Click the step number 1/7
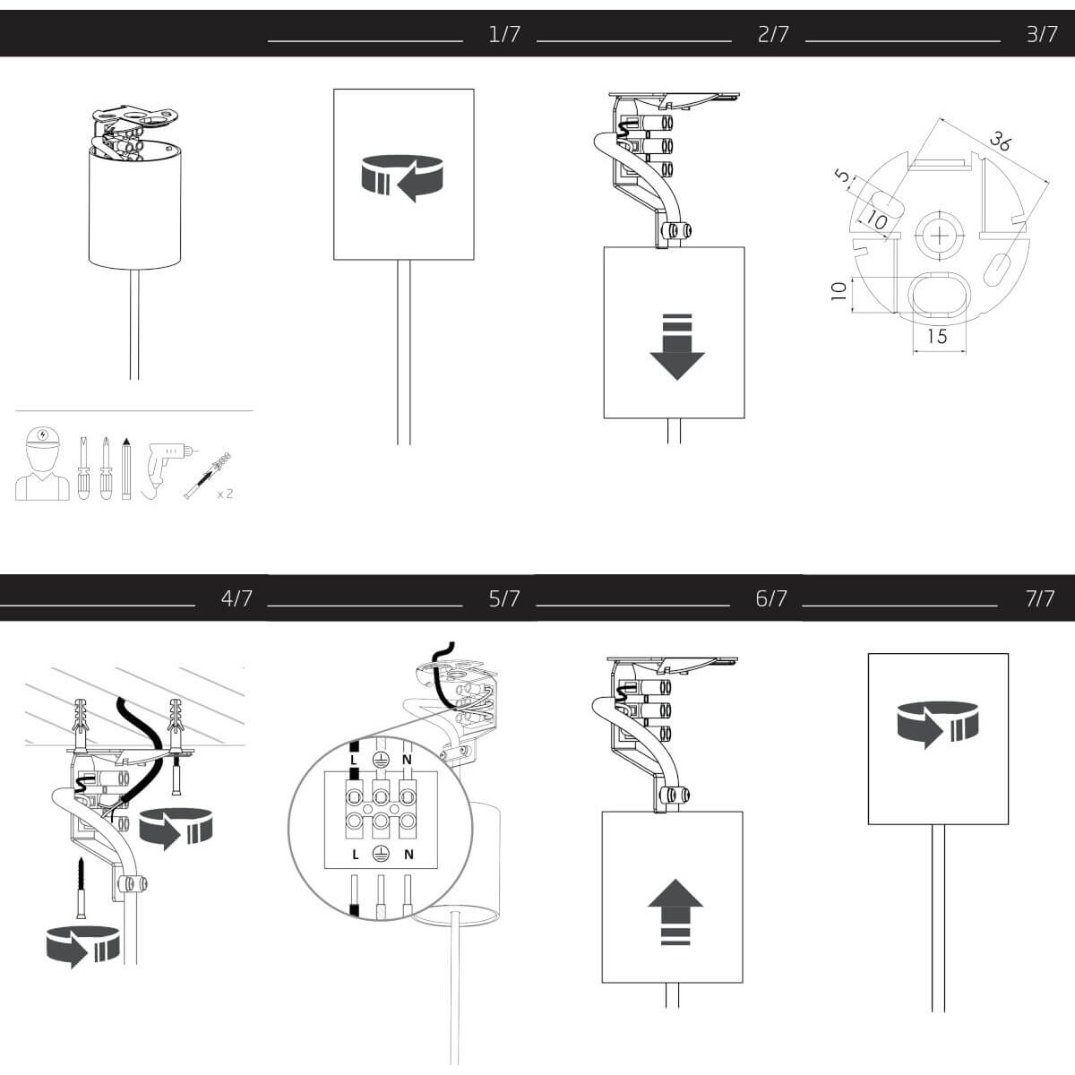point(504,35)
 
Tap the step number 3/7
point(1042,35)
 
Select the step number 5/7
point(504,598)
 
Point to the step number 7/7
point(1040,598)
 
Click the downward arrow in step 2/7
point(677,347)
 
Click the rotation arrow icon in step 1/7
point(401,177)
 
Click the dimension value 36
point(1000,142)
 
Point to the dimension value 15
point(937,337)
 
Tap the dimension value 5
point(844,176)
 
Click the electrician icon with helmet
point(42,463)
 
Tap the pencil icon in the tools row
point(126,469)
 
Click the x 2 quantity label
point(225,494)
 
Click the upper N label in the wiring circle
point(407,760)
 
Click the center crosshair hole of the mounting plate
point(940,236)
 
